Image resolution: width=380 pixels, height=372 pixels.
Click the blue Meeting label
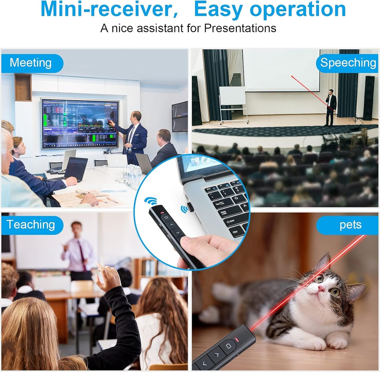[x=31, y=63]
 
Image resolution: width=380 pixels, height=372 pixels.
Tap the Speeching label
[x=348, y=63]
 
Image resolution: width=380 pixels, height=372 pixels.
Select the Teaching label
[x=31, y=225]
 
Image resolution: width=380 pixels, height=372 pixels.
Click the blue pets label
[x=350, y=225]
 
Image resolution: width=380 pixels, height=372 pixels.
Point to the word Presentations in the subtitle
[x=240, y=28]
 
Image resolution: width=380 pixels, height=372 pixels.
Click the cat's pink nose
[x=321, y=289]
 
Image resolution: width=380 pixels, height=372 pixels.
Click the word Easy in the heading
[x=218, y=9]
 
